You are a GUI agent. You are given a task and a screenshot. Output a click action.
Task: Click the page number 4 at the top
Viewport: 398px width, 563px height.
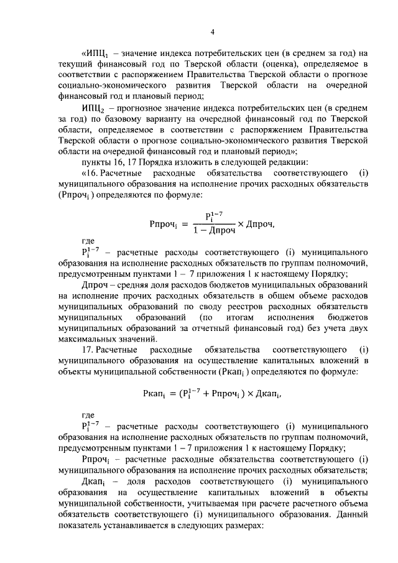(x=212, y=32)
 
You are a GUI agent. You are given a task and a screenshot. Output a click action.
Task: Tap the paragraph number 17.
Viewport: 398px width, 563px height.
(x=90, y=350)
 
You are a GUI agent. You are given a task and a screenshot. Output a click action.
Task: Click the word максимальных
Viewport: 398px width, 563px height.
(x=88, y=339)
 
